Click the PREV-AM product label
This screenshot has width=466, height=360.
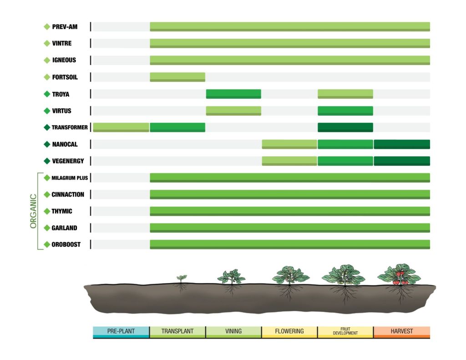point(65,27)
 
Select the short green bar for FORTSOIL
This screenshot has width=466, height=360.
point(177,77)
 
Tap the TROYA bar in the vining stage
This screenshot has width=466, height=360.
point(233,94)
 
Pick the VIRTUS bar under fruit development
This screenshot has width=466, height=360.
point(345,111)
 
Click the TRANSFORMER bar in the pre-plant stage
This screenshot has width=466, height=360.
point(121,127)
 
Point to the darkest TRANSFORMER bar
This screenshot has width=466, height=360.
point(345,127)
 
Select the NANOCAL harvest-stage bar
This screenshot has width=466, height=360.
point(402,144)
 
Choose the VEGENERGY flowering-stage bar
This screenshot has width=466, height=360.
point(289,161)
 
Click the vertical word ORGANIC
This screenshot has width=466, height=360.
point(33,211)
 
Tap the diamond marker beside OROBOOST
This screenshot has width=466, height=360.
point(46,244)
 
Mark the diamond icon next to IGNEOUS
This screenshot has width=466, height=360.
point(46,60)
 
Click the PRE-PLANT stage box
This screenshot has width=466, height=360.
point(121,332)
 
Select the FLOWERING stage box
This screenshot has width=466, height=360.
point(289,332)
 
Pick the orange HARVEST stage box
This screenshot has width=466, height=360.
point(402,332)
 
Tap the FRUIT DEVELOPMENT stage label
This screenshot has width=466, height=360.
point(345,331)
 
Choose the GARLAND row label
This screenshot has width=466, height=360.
point(65,228)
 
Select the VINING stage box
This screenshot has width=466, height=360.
point(233,332)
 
